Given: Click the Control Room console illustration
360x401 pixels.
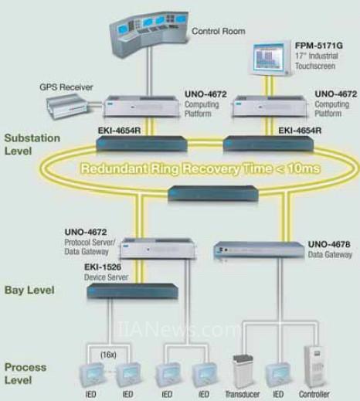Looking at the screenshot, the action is (x=149, y=32).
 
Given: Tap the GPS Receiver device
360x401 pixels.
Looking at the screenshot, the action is (x=69, y=106).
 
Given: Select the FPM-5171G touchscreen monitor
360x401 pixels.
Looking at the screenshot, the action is (x=271, y=59).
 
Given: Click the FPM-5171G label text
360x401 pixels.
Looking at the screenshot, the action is (x=319, y=46).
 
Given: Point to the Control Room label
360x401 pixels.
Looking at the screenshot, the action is (x=219, y=31).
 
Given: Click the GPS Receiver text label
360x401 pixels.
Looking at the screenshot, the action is (x=66, y=87).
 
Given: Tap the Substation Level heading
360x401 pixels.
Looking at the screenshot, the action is (x=32, y=144).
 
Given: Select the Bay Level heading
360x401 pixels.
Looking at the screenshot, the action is (x=29, y=290).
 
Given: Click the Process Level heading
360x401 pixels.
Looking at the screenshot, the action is (x=25, y=373).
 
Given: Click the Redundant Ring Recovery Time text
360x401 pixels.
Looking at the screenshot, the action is (x=200, y=168).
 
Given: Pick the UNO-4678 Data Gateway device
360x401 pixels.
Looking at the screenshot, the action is (x=259, y=250).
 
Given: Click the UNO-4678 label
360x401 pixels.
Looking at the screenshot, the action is (x=329, y=244).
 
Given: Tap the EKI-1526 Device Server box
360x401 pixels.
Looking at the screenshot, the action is (x=132, y=291).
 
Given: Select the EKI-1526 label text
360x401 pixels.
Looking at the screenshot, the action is (x=103, y=267).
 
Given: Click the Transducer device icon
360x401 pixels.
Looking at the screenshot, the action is (x=243, y=371).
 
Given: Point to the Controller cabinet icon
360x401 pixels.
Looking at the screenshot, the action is (x=314, y=366).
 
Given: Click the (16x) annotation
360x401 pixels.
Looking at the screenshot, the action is (x=108, y=355).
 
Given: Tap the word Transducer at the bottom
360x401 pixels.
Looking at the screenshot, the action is (x=243, y=394).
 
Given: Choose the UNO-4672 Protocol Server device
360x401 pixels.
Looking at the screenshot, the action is (x=158, y=249).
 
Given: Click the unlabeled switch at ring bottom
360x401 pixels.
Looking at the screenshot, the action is (x=213, y=193).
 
